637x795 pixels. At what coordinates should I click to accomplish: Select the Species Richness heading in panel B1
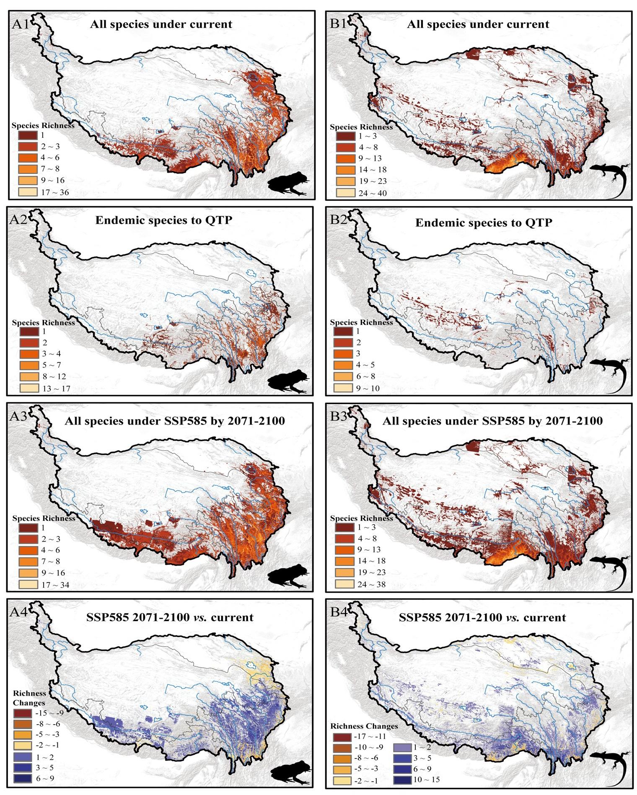361,127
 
